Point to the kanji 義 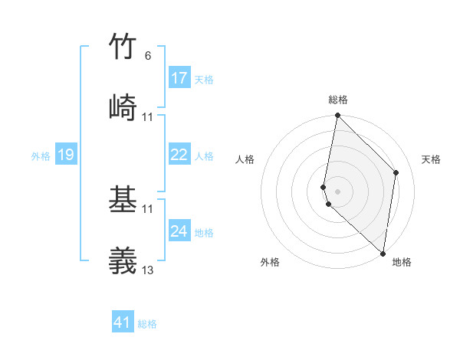tap(123, 260)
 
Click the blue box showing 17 tap(179, 78)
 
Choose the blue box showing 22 tap(179, 155)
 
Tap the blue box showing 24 tap(179, 231)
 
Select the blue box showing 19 tap(65, 155)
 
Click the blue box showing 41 tap(123, 323)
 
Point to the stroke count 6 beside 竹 tap(148, 56)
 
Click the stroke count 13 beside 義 tap(148, 270)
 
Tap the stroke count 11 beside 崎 tap(148, 116)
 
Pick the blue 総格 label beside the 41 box tap(147, 324)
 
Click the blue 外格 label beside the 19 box tap(41, 156)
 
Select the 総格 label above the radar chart tap(338, 100)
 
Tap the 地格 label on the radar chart tap(402, 262)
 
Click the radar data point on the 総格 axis tap(337, 116)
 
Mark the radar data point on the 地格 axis tap(383, 254)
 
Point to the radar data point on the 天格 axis tap(396, 173)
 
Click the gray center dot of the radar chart tap(337, 190)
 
